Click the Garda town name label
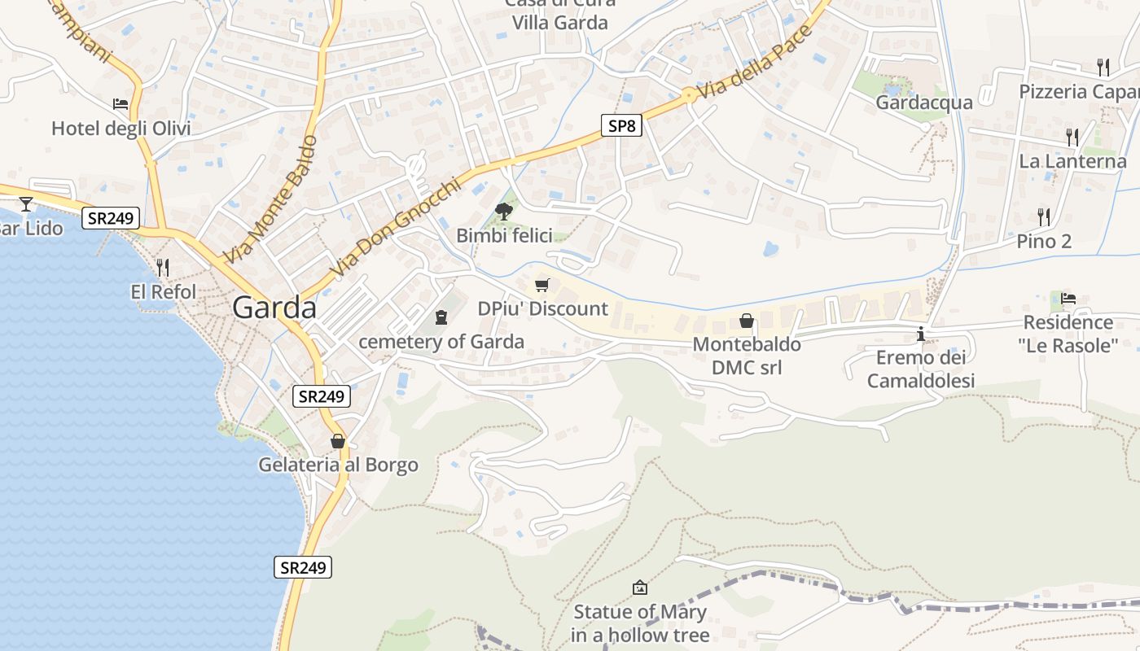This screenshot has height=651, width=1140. [x=274, y=308]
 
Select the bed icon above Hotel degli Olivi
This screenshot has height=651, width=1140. [x=121, y=104]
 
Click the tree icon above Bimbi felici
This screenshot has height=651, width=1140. [x=504, y=212]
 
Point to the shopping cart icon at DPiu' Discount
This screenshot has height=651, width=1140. [x=542, y=285]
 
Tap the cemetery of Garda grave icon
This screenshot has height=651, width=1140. [x=441, y=317]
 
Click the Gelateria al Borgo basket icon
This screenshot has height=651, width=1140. [x=338, y=441]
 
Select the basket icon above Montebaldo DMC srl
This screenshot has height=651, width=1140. [x=746, y=321]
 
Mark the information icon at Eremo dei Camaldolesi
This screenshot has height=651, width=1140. [x=921, y=334]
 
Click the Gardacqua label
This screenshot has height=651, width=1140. [x=924, y=103]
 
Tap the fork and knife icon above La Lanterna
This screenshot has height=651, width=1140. [x=1072, y=137]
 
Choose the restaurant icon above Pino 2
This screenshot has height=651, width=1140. [x=1044, y=216]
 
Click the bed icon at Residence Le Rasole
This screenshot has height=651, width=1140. [x=1068, y=298]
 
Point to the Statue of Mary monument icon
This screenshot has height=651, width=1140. [x=640, y=587]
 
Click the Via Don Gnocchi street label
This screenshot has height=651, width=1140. [x=396, y=227]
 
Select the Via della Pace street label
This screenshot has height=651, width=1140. [x=755, y=63]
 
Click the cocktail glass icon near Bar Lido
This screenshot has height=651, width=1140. [x=26, y=203]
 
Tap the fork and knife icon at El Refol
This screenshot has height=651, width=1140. [x=163, y=267]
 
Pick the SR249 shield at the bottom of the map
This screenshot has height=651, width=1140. [x=302, y=567]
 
